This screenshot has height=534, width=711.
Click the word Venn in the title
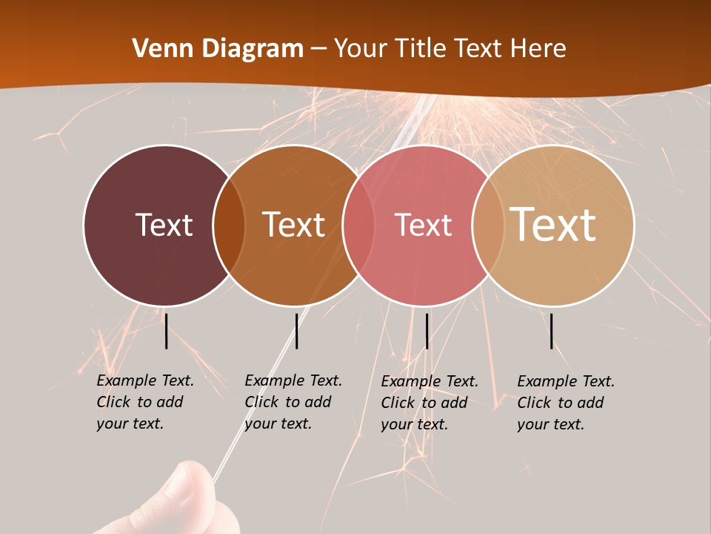[x=156, y=49]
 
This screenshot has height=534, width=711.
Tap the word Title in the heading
[x=419, y=49]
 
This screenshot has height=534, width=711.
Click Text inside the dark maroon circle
[x=164, y=225]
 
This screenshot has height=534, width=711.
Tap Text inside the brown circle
[x=293, y=225]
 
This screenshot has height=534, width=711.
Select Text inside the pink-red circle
[x=423, y=225]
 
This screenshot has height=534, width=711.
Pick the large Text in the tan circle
[x=553, y=225]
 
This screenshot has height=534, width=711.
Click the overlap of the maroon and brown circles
[x=229, y=225]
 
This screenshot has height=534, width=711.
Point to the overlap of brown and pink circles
[x=358, y=225]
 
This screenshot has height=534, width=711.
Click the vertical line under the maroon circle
[x=166, y=331]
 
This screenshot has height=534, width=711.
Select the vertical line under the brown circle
[x=296, y=331]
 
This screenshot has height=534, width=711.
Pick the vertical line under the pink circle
[x=427, y=331]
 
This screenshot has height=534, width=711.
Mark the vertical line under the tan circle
[x=552, y=331]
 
